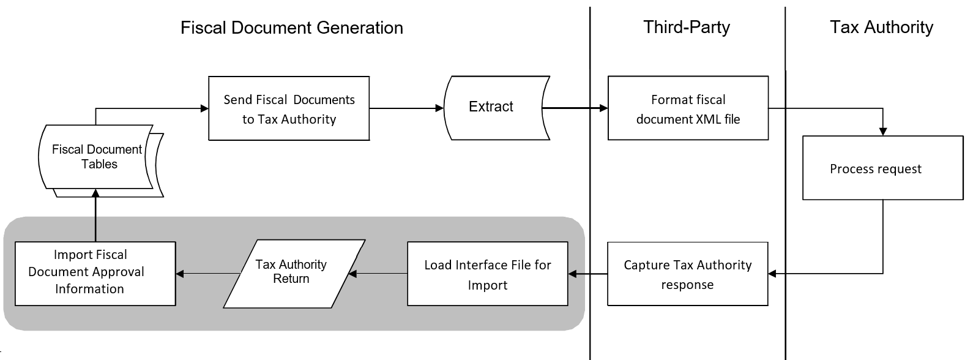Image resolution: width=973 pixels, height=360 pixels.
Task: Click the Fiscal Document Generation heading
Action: (x=291, y=28)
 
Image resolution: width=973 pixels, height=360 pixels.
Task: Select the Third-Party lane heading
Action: (x=686, y=28)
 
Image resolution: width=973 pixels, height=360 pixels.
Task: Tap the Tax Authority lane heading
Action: (x=881, y=28)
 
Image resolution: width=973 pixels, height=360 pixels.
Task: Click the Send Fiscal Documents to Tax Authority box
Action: (x=289, y=109)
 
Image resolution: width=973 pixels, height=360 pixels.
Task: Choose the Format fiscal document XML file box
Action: (x=688, y=109)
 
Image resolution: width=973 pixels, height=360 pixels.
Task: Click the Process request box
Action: (x=882, y=168)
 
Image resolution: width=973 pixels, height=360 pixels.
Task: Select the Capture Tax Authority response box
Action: (x=687, y=274)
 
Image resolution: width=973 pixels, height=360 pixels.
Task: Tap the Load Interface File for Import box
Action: (x=487, y=274)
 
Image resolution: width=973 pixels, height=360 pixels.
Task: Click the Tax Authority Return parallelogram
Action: (x=293, y=272)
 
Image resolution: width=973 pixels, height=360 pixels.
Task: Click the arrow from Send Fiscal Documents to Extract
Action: (x=406, y=108)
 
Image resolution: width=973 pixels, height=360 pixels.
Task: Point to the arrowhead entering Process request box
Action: (x=882, y=131)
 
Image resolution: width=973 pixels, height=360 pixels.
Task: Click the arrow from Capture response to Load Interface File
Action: (x=587, y=274)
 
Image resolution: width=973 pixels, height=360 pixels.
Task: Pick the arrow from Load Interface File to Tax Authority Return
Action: (x=378, y=274)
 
